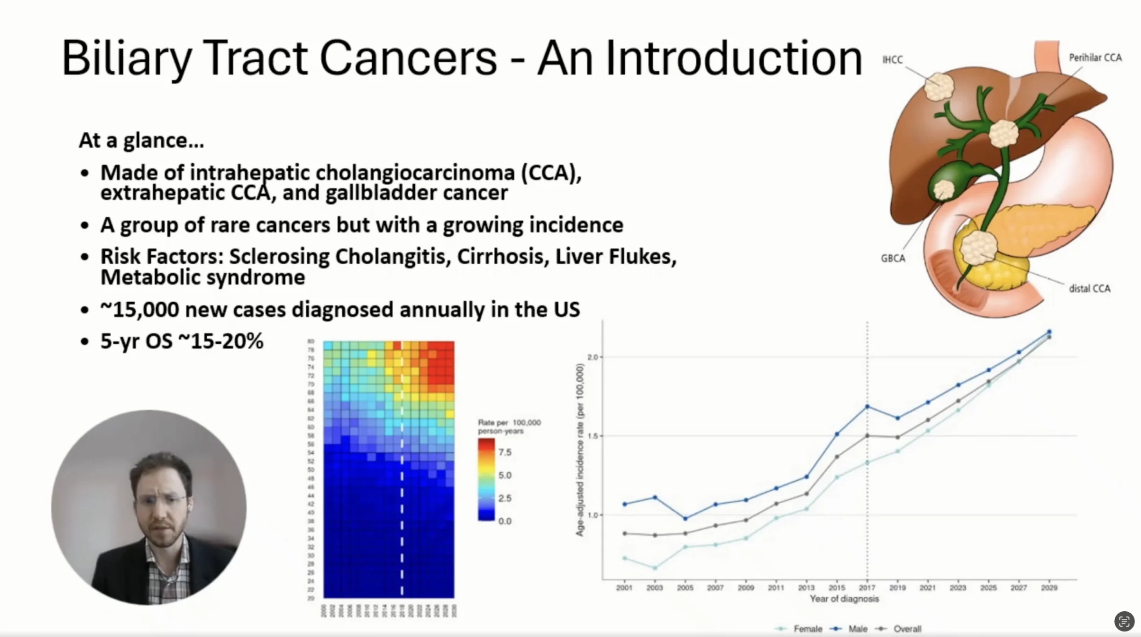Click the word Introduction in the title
(x=734, y=58)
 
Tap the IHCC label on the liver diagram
(x=892, y=60)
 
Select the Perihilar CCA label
(x=1095, y=58)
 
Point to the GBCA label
(x=893, y=258)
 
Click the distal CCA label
(x=1089, y=289)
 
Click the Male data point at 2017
(x=867, y=406)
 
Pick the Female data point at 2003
(x=655, y=568)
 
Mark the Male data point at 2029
(x=1049, y=332)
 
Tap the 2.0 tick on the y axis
(x=592, y=357)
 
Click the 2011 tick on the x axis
(x=776, y=587)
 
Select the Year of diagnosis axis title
(x=844, y=599)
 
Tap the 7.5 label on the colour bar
(x=505, y=452)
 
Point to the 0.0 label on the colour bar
(x=505, y=521)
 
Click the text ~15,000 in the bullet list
(x=139, y=310)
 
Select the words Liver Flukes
(x=615, y=256)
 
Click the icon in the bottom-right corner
(x=1124, y=621)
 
